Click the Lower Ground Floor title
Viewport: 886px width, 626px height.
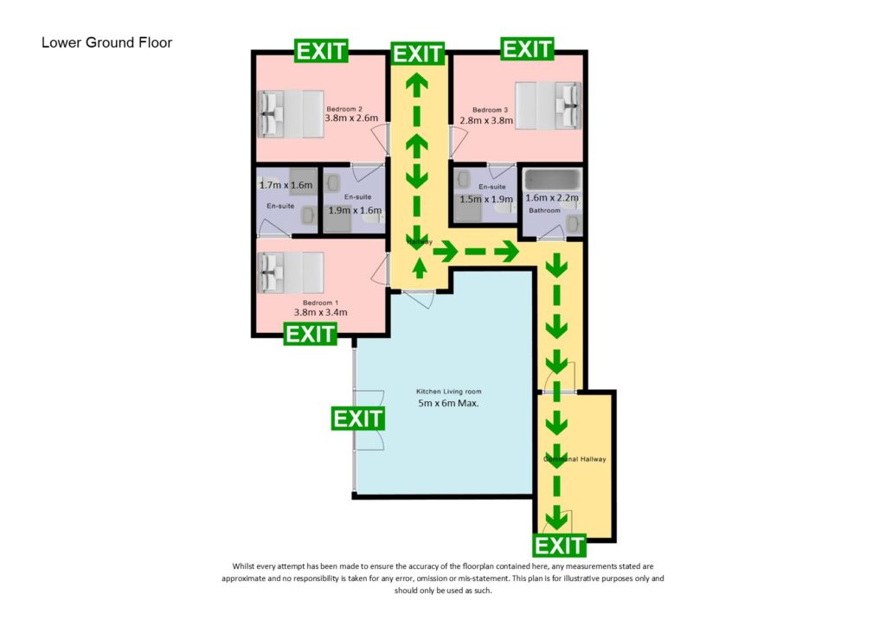pos(106,42)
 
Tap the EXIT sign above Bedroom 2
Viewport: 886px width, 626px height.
pos(321,51)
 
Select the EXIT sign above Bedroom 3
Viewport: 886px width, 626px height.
pos(527,49)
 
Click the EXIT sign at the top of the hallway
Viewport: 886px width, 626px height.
pos(418,54)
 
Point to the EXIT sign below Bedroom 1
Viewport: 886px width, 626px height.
pos(310,334)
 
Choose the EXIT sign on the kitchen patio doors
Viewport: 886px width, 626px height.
pos(357,418)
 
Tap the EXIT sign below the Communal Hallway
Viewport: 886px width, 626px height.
pos(560,546)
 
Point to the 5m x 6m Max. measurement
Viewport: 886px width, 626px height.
pos(448,404)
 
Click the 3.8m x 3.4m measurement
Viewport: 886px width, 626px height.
pos(320,313)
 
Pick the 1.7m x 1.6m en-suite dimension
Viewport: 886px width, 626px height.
pos(286,185)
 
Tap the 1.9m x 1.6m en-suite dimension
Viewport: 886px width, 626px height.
pos(355,210)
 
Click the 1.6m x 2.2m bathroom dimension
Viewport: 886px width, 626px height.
pos(552,198)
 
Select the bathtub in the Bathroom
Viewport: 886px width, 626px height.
pos(552,180)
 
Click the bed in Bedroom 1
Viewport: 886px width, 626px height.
pos(290,273)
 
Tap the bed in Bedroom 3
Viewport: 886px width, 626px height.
pos(547,105)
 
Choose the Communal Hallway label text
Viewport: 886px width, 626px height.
pos(575,459)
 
